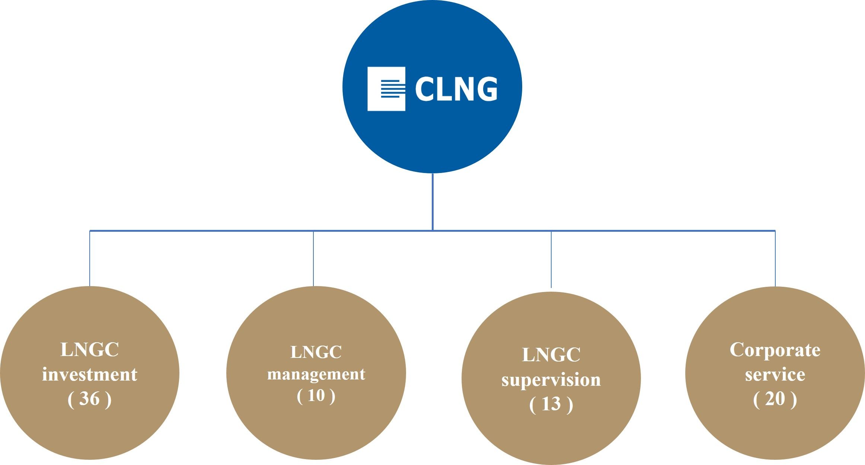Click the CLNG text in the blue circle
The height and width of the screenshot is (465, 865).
(456, 89)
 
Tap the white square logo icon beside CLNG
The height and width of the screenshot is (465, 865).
(386, 89)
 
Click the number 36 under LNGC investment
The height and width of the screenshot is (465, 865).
(89, 399)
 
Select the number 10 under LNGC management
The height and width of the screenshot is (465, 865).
(316, 395)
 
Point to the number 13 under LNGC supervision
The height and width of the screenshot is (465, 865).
(551, 404)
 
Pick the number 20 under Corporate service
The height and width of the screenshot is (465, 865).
(775, 399)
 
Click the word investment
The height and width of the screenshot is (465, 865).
(89, 374)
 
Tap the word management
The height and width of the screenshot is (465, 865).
(316, 374)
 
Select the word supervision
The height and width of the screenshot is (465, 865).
(551, 380)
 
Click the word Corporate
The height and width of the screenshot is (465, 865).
(775, 350)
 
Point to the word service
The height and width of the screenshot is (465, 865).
(775, 374)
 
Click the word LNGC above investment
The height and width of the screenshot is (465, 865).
(89, 350)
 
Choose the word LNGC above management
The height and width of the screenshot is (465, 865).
(316, 352)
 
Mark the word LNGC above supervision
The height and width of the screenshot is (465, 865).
(551, 355)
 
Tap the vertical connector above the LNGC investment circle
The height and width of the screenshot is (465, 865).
(90, 259)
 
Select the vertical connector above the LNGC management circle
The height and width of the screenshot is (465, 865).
(313, 259)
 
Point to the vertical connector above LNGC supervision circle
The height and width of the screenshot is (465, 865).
(551, 259)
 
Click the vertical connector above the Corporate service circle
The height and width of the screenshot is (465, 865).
(775, 259)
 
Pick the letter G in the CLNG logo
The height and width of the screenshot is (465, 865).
(485, 89)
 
